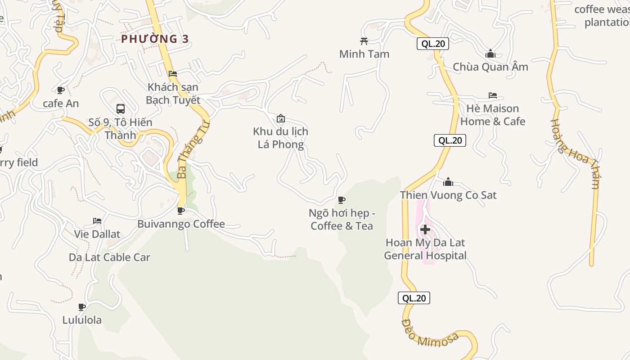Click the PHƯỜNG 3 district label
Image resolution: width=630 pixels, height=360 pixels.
(x=155, y=39)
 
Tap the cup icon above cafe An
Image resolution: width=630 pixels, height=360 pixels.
(x=61, y=90)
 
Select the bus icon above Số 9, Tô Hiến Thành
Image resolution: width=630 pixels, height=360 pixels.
(x=121, y=108)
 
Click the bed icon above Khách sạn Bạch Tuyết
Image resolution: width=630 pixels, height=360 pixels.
(x=173, y=74)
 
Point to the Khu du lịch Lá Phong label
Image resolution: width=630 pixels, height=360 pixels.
(x=280, y=138)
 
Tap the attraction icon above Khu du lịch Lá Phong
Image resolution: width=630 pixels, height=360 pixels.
(x=281, y=118)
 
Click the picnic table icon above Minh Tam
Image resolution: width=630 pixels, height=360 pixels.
(x=364, y=41)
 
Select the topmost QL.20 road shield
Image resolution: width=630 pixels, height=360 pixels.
(x=433, y=44)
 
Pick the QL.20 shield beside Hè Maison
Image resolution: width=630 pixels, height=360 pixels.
(x=450, y=140)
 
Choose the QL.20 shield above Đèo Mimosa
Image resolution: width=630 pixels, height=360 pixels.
(x=414, y=298)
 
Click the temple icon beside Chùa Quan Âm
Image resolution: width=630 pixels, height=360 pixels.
(x=490, y=54)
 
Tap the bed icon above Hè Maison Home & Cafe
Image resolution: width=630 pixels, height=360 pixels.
(x=493, y=95)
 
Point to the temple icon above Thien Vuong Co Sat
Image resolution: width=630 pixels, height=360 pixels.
(x=448, y=182)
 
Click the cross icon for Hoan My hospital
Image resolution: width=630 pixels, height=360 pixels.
(x=425, y=229)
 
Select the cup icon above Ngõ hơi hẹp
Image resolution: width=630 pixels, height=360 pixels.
(x=342, y=200)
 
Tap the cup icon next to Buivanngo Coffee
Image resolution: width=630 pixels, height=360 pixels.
(x=181, y=211)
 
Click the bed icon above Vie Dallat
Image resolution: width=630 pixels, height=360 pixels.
(x=97, y=221)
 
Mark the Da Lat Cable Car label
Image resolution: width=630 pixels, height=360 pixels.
(x=109, y=257)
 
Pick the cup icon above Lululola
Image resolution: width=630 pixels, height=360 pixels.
(x=82, y=307)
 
